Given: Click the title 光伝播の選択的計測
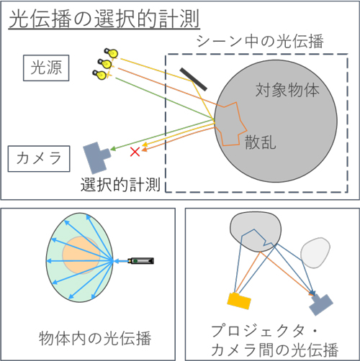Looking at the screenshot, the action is coord(104,19).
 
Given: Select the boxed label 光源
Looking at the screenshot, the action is coord(46,68).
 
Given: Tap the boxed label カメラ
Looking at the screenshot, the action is coord(39,159).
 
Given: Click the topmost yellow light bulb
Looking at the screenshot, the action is coord(111,52).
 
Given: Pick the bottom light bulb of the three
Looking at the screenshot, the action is coord(100,75).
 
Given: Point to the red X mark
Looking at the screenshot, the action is coord(135,152).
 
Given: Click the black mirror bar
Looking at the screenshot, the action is coord(193,79).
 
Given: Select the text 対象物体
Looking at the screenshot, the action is coord(287,91).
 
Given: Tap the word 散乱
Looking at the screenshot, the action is coord(260,142).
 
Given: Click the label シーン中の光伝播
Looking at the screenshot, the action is coord(260,42).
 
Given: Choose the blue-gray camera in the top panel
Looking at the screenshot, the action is coord(96,157).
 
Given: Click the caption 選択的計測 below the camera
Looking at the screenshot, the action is coord(120,185).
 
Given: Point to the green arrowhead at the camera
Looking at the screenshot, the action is coord(113,149).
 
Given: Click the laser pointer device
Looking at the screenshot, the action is coord(140,260).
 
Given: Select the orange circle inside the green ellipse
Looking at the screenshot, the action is coord(81,255).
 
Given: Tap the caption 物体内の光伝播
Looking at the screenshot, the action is coord(95,338).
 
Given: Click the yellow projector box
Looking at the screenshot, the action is coord(239,301).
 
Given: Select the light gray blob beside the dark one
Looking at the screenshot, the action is coord(315,252).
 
